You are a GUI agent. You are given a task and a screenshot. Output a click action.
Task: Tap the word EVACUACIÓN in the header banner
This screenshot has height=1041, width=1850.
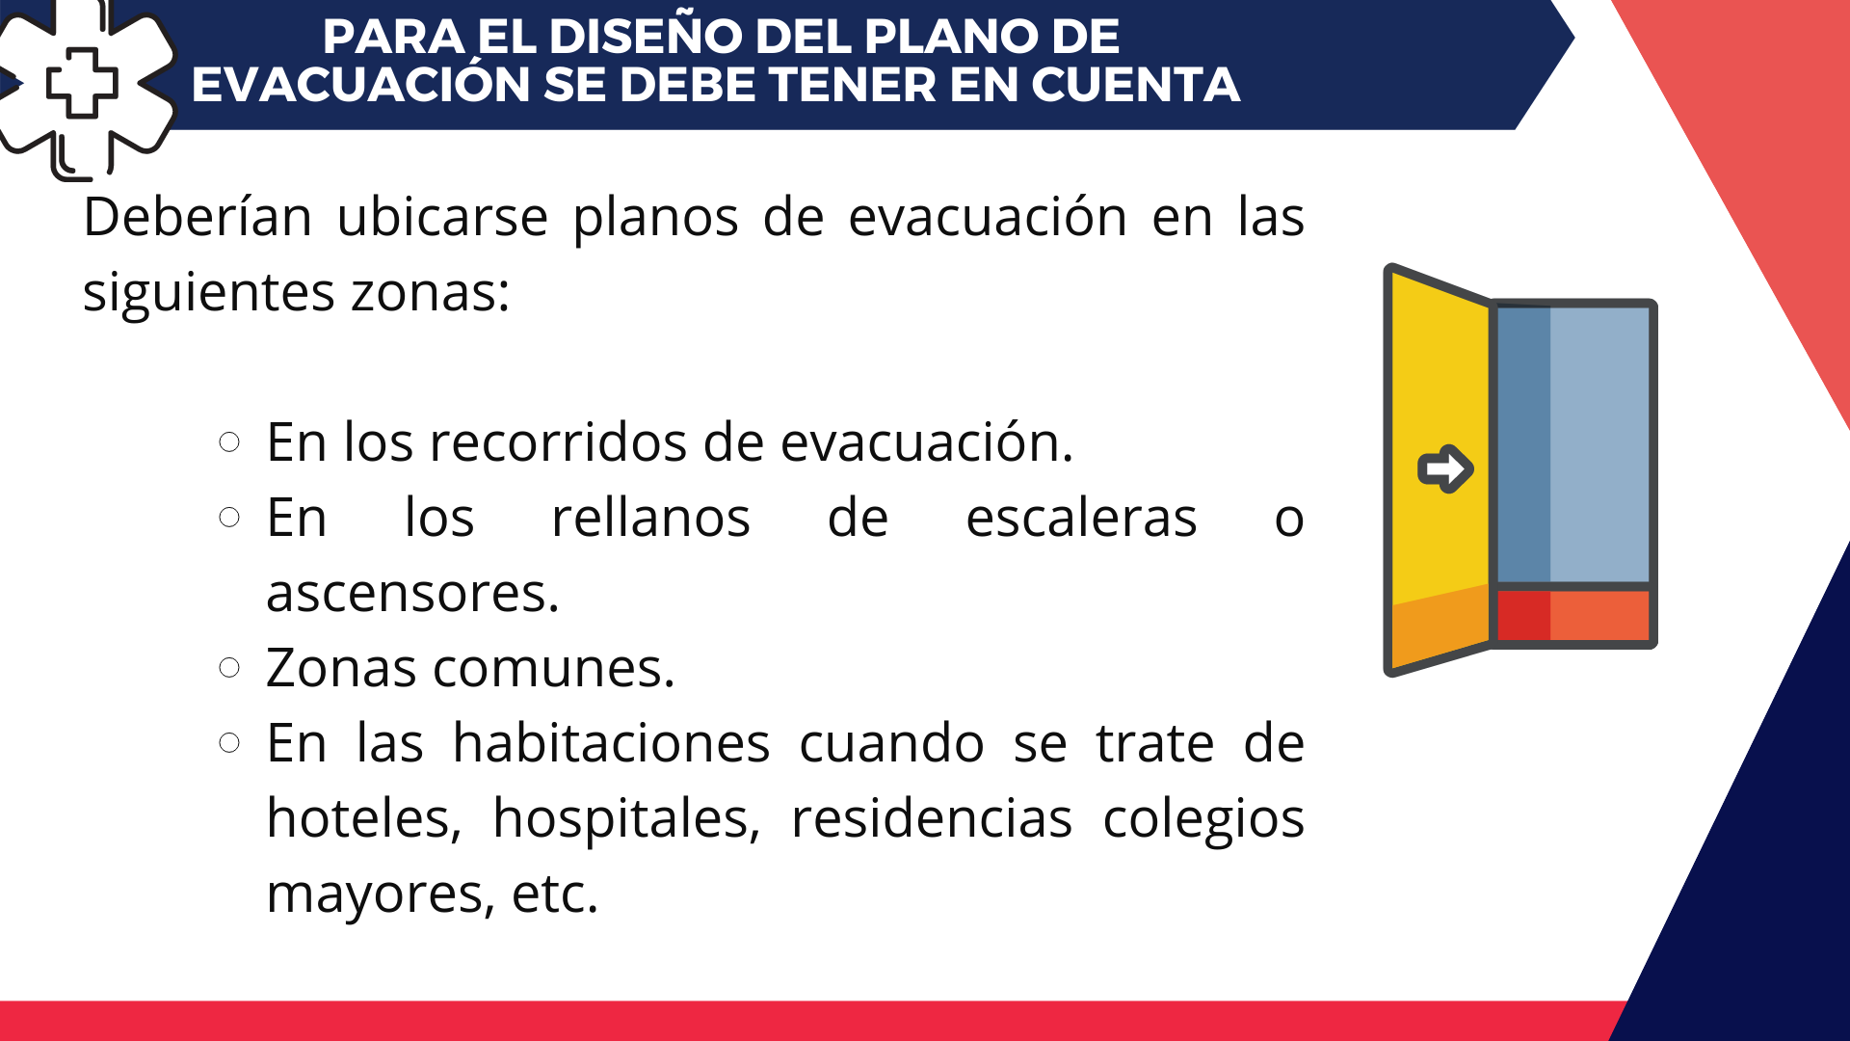(x=360, y=85)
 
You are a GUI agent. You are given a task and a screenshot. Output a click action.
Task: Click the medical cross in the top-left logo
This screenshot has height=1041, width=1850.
(x=82, y=82)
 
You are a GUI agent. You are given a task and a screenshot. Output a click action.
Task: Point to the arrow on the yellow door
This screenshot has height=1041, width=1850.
(x=1445, y=469)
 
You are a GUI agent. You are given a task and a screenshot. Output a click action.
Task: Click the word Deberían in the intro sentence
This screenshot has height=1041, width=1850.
(x=198, y=217)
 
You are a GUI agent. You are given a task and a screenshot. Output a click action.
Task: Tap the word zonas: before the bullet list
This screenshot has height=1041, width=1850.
(x=430, y=293)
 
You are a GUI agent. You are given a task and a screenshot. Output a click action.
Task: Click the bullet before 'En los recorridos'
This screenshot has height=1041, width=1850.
(x=229, y=442)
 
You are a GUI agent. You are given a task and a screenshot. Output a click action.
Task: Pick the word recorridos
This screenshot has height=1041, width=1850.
(x=559, y=442)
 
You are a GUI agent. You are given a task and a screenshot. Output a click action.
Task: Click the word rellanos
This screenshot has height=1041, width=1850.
(x=650, y=518)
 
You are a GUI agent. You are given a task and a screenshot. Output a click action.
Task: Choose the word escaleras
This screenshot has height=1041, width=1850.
(x=1081, y=518)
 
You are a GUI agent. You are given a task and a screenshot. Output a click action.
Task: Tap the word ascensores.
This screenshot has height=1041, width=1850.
(x=412, y=594)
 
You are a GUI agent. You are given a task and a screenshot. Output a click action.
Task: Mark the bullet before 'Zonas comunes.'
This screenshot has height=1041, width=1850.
(x=229, y=668)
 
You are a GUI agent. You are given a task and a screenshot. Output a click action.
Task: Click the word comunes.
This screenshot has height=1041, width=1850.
(x=554, y=669)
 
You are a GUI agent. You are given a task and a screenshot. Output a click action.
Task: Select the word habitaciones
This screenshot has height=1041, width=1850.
(x=612, y=743)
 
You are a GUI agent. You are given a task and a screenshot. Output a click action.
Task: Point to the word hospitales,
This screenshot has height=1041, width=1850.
(x=626, y=820)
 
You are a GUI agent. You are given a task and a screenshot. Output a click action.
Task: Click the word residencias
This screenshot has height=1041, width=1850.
(x=932, y=818)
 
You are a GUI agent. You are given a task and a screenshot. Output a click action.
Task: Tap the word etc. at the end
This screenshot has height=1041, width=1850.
(x=555, y=894)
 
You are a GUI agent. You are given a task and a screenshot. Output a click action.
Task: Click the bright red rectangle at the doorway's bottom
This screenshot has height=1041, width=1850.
(x=1523, y=615)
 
